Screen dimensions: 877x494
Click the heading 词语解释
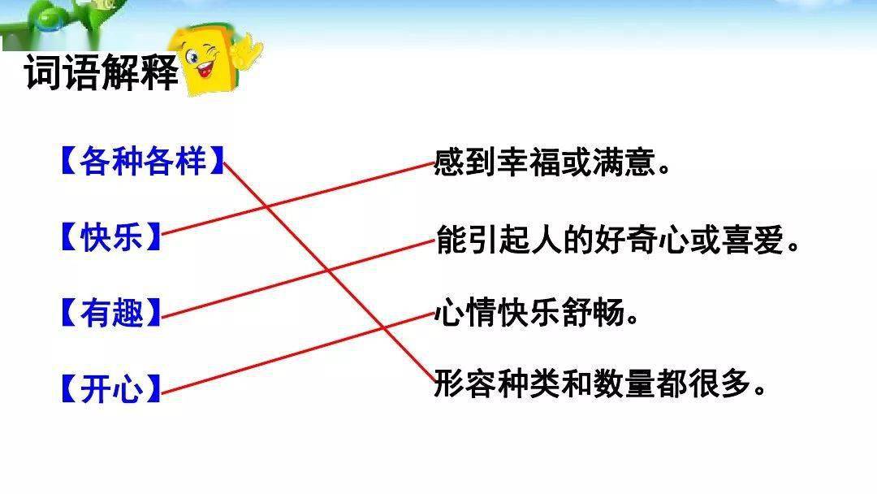pyautogui.click(x=102, y=73)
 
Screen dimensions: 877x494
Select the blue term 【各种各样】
pyautogui.click(x=142, y=161)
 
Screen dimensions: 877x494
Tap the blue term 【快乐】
pyautogui.click(x=110, y=236)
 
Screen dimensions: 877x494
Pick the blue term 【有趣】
pyautogui.click(x=110, y=312)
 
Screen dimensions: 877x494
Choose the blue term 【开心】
pyautogui.click(x=110, y=388)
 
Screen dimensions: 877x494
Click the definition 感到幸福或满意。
pyautogui.click(x=552, y=162)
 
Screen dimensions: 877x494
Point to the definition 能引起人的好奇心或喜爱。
pyautogui.click(x=617, y=240)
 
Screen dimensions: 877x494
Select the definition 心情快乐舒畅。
pyautogui.click(x=537, y=312)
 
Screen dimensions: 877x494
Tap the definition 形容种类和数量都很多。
pyautogui.click(x=599, y=383)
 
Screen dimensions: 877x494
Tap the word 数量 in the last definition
pyautogui.click(x=624, y=383)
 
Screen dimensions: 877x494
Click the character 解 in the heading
pyautogui.click(x=120, y=73)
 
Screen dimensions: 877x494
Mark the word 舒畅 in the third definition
pyautogui.click(x=592, y=312)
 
